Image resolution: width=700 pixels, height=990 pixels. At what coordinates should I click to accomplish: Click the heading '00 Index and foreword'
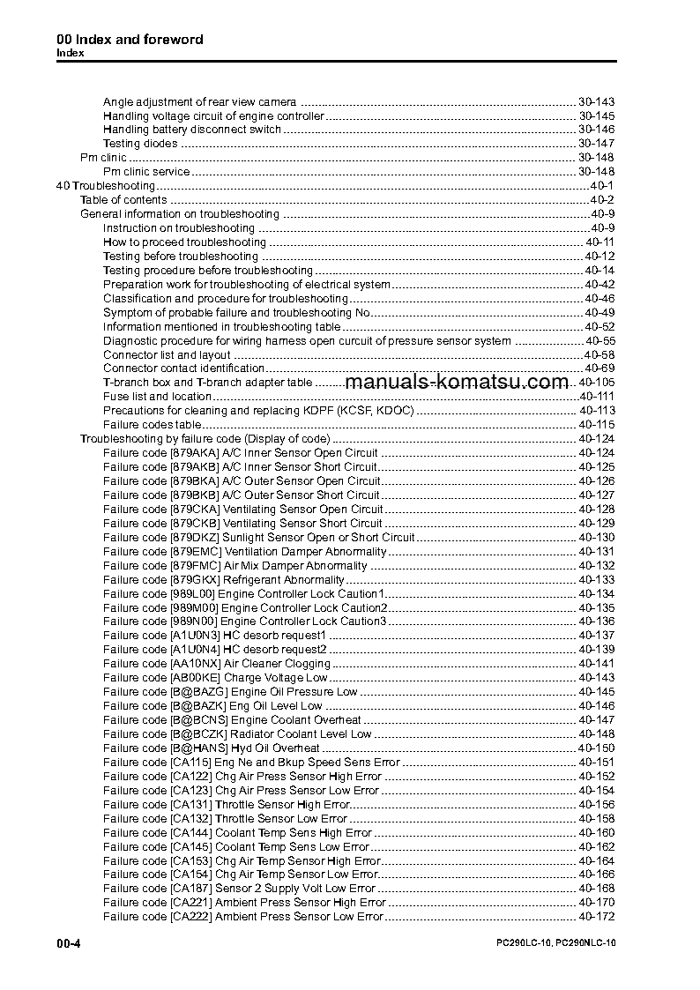tap(130, 40)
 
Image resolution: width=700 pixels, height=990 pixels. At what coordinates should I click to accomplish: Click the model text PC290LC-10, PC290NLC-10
tap(555, 944)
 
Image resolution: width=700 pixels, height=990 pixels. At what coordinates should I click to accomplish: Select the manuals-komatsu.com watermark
tap(457, 383)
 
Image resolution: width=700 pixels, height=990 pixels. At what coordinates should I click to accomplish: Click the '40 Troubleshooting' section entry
tap(106, 186)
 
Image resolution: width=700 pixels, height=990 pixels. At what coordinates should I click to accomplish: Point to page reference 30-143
tap(596, 102)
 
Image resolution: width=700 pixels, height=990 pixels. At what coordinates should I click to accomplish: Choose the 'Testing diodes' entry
tap(140, 144)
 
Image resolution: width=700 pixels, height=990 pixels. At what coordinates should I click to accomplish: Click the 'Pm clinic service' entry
tap(146, 172)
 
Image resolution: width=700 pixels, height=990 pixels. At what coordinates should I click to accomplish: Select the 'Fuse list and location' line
tap(157, 397)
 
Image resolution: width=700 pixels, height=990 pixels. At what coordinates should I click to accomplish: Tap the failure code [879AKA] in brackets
tap(193, 453)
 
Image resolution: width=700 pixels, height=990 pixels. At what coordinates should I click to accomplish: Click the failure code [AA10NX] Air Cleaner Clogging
tap(217, 664)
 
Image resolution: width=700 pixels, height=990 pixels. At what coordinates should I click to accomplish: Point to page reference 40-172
tap(596, 917)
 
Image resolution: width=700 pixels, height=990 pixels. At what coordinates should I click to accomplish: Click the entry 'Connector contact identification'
tap(183, 368)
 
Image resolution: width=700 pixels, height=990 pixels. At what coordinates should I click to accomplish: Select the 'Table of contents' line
tap(123, 200)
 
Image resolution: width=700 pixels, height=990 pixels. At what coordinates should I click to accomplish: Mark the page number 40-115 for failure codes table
tap(596, 425)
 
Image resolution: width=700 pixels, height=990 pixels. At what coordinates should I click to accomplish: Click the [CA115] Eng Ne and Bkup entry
tap(251, 763)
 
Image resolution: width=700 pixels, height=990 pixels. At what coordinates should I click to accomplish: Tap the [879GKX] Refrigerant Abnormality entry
tap(223, 580)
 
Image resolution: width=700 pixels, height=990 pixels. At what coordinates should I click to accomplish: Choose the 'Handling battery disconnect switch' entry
tap(192, 130)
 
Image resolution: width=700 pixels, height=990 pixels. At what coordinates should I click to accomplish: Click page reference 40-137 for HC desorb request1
tap(596, 636)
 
